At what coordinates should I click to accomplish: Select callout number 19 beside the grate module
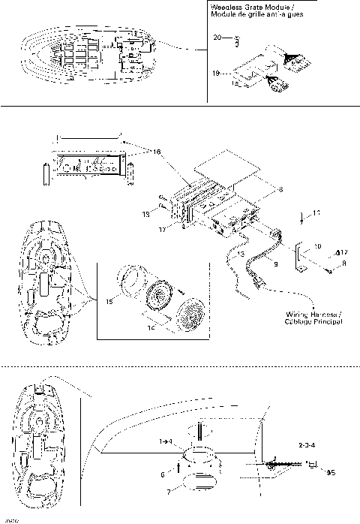[x=217, y=74]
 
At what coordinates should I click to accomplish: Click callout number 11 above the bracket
[x=316, y=214]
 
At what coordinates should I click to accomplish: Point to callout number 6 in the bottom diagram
[x=162, y=474]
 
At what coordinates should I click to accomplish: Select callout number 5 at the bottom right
[x=331, y=473]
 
